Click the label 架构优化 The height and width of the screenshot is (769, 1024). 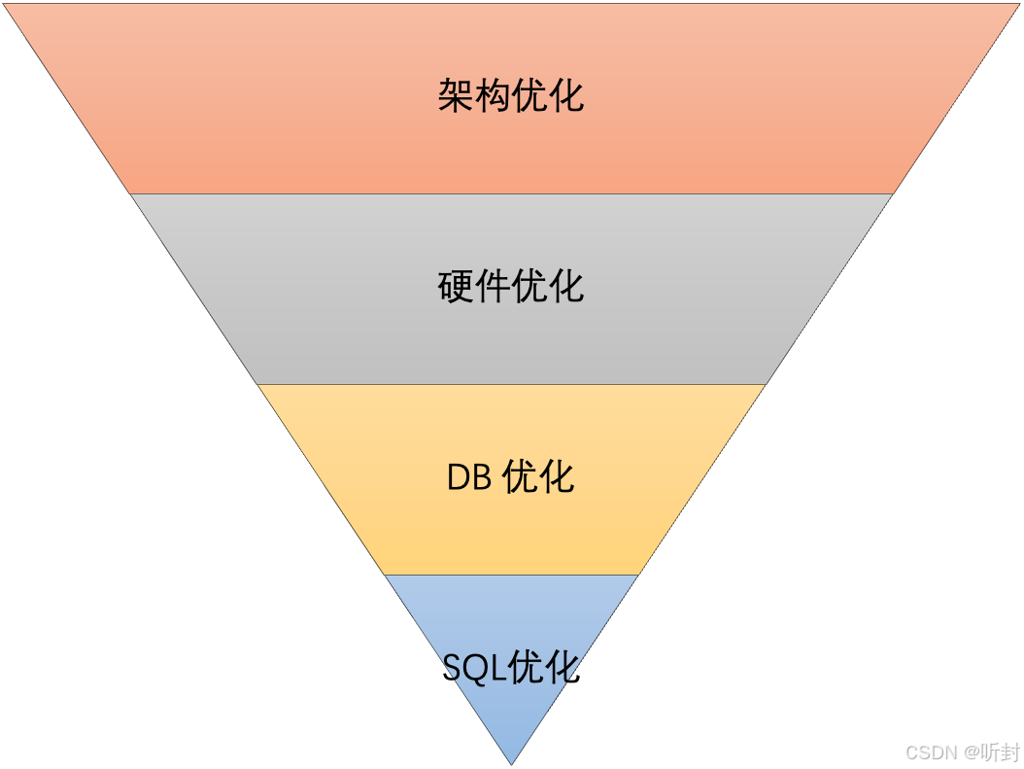point(511,96)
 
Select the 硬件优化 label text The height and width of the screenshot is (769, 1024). point(511,287)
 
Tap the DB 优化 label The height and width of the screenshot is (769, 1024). point(511,477)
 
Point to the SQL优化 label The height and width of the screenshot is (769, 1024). point(511,667)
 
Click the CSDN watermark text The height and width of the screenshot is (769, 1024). point(931,752)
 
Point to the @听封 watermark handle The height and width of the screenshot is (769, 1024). point(991,752)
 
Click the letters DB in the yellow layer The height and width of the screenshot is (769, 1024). point(471,477)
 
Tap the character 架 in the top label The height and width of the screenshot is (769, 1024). point(456,96)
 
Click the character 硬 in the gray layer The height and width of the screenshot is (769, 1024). point(456,287)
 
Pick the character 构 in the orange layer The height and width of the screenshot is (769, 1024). point(493,96)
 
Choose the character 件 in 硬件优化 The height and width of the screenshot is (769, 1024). point(493,287)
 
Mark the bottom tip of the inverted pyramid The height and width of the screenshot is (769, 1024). point(511,762)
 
